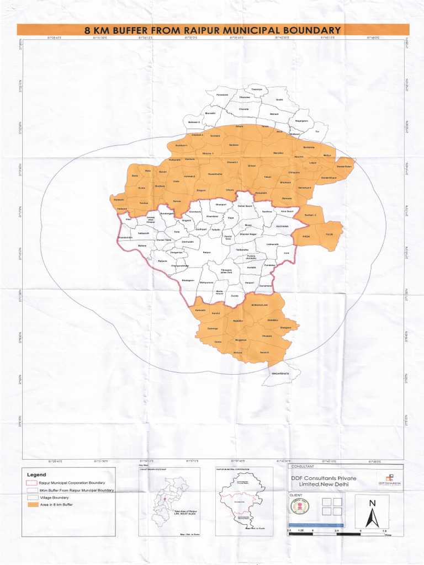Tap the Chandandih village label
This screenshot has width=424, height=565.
tap(126, 238)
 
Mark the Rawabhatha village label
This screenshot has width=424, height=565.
tap(215, 174)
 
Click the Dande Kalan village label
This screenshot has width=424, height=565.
tap(344, 166)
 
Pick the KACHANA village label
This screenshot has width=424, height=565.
tap(283, 226)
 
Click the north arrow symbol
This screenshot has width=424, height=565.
tap(373, 511)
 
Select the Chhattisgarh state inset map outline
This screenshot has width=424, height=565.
tap(168, 499)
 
